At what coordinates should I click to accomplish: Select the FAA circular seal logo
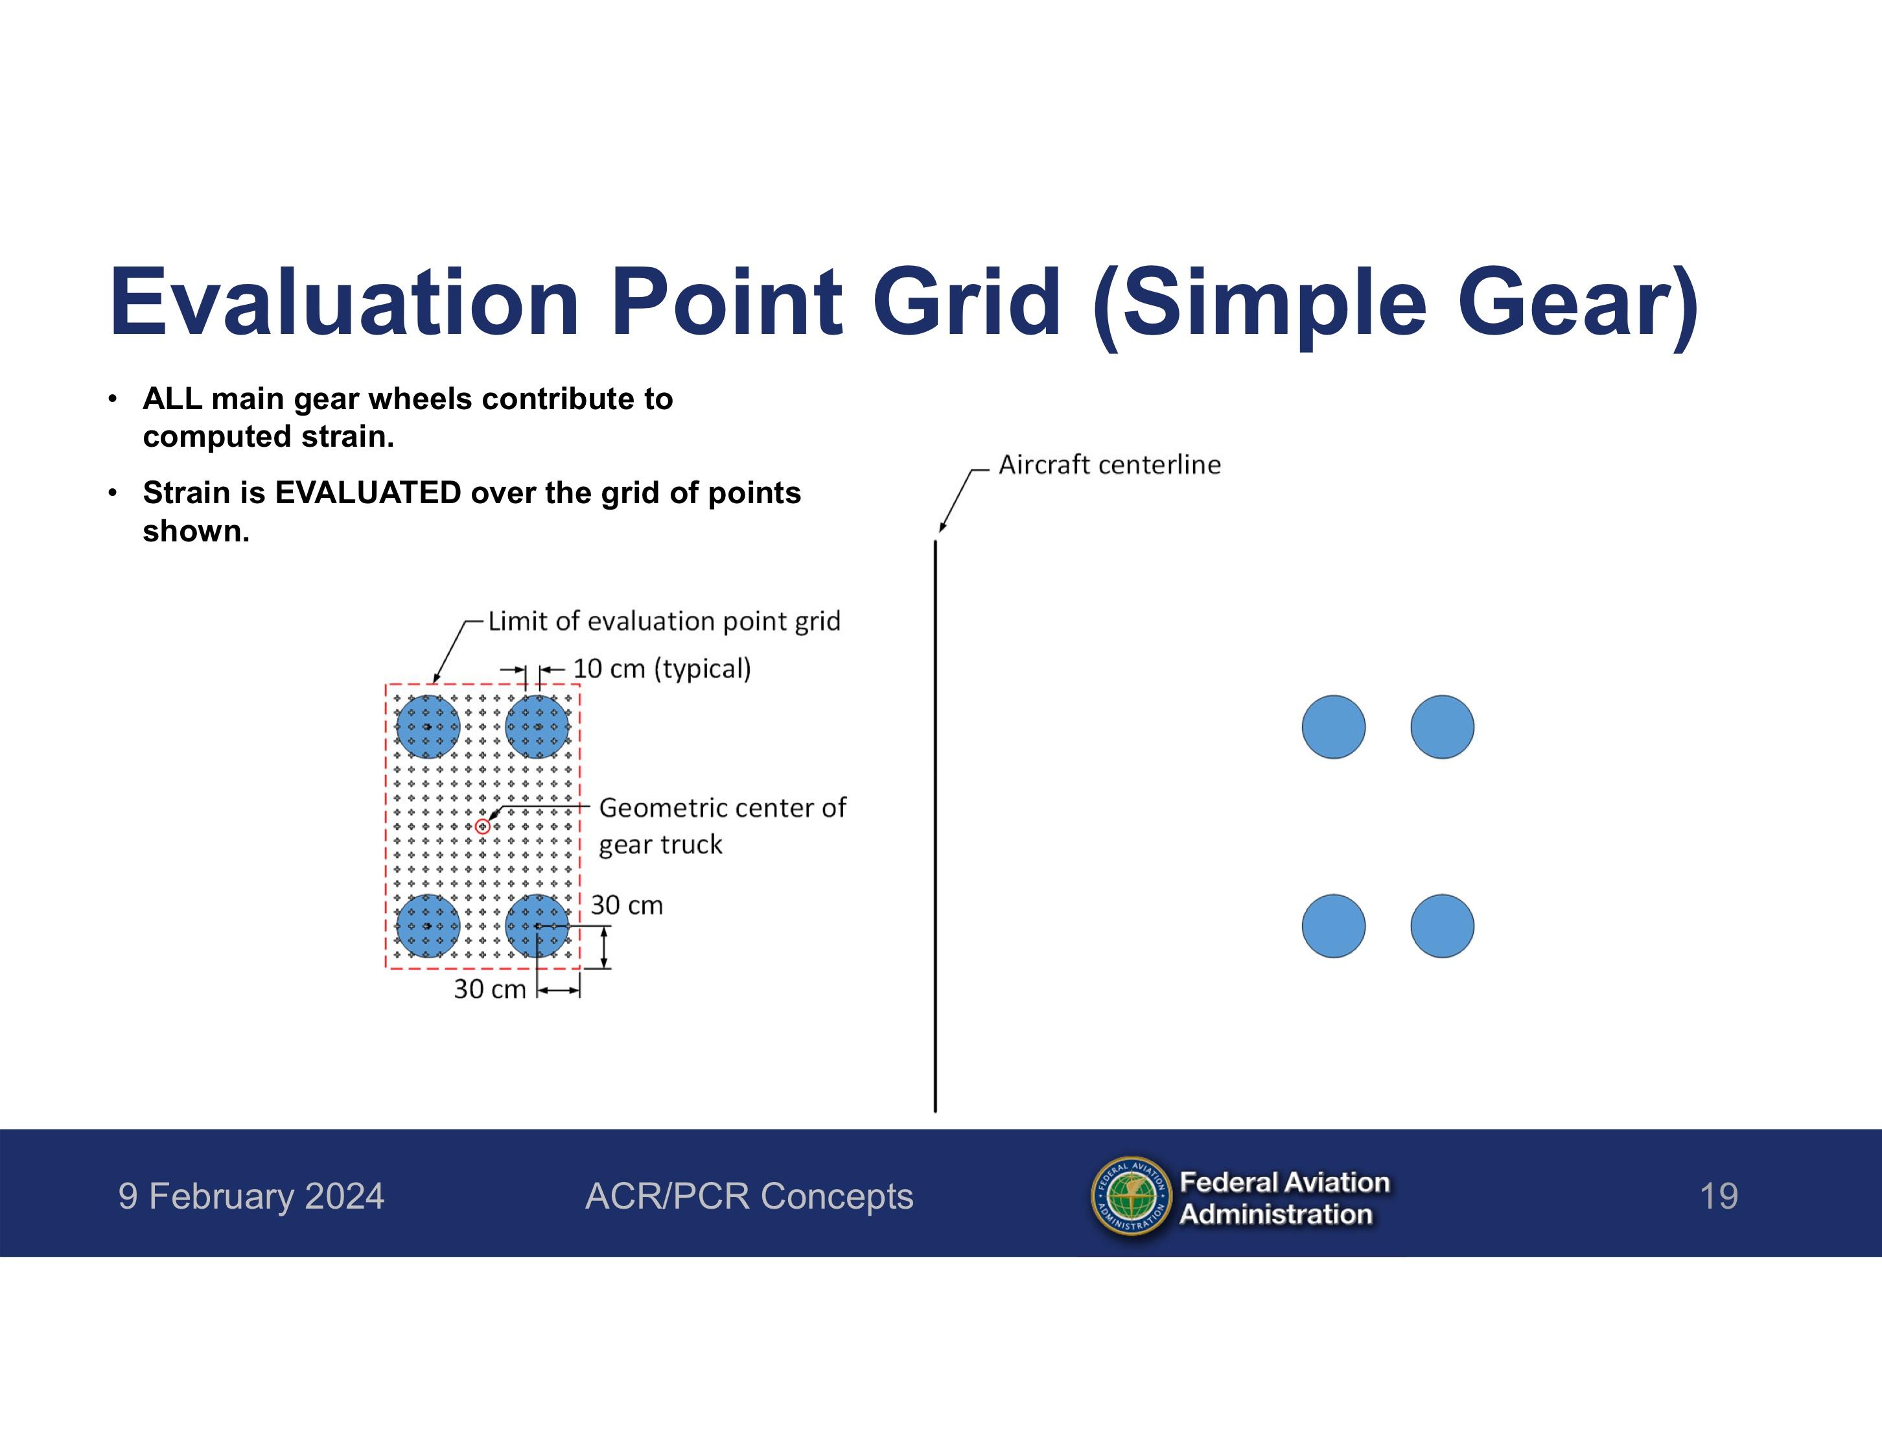(1132, 1196)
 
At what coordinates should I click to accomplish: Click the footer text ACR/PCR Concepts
(749, 1196)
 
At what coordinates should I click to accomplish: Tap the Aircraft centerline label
(1109, 465)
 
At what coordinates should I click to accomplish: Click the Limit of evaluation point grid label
(664, 621)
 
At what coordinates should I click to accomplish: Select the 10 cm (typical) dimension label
(662, 669)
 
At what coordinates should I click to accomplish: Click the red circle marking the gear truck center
(483, 827)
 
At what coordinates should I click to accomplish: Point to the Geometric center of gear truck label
(722, 826)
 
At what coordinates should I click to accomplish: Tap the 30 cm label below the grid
(489, 989)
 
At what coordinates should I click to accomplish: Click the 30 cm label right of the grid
(627, 905)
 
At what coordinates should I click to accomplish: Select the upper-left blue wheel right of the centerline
(1333, 727)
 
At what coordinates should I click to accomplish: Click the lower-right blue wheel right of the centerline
(1442, 926)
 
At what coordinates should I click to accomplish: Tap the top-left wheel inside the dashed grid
(428, 727)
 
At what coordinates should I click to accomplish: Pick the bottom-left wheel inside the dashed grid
(428, 926)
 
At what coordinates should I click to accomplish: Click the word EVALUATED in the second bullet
(368, 493)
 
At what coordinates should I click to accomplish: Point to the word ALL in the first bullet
(172, 399)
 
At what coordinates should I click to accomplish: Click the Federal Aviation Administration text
(1284, 1198)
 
